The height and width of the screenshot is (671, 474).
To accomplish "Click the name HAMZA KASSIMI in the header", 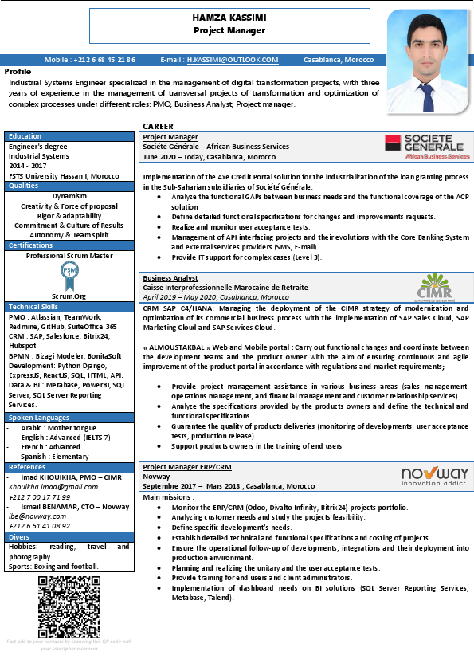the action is click(229, 18).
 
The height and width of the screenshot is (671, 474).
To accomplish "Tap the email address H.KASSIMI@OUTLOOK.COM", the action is click(233, 60).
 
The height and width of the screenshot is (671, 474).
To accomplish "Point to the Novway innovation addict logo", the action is click(434, 477).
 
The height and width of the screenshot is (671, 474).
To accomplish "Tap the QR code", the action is click(68, 605).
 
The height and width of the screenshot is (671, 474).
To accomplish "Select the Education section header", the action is click(25, 136).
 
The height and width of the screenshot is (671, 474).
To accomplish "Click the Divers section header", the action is click(20, 537).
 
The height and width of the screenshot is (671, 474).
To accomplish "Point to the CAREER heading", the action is click(159, 127).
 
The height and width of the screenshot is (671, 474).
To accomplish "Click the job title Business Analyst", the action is click(170, 278).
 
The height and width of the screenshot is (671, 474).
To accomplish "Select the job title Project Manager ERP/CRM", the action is click(187, 467).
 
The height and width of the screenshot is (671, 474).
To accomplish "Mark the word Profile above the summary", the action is click(18, 71).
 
